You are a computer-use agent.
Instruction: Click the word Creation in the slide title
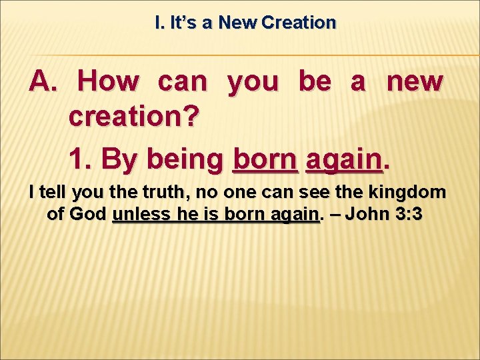click(x=299, y=23)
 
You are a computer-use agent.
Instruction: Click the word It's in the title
click(x=183, y=23)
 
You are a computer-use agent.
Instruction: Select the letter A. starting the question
click(x=45, y=82)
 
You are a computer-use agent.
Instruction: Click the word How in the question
click(x=108, y=82)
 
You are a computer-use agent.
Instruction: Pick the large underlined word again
click(x=342, y=160)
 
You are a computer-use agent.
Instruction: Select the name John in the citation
click(x=369, y=215)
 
